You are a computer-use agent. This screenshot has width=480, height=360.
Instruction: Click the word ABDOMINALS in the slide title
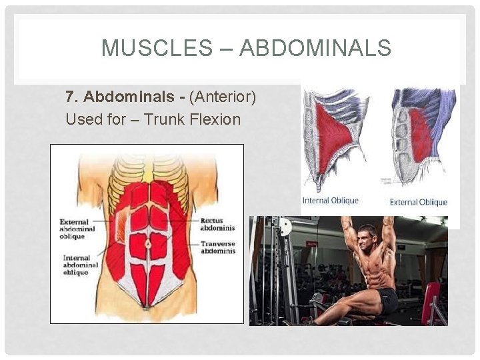click(x=315, y=48)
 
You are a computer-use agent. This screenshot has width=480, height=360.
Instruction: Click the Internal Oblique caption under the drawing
click(x=330, y=200)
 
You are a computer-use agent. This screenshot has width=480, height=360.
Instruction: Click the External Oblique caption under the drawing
click(x=418, y=202)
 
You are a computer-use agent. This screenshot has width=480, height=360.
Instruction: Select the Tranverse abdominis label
click(x=217, y=247)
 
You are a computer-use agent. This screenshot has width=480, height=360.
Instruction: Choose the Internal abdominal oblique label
click(x=81, y=265)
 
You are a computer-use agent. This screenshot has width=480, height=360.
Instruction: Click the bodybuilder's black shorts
click(x=387, y=301)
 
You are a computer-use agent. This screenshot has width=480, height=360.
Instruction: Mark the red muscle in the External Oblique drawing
click(x=422, y=137)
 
